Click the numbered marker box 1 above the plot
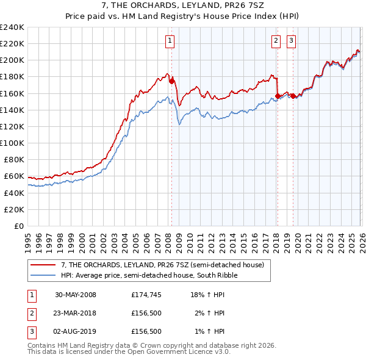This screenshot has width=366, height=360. (169, 41)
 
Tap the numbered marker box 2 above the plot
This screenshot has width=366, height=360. (276, 41)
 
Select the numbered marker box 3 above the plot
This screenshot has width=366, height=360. (291, 41)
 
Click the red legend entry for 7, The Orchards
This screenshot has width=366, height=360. (162, 265)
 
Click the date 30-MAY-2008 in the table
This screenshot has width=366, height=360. (76, 295)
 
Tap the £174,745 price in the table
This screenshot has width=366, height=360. (146, 295)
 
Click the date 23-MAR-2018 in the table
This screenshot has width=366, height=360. (76, 313)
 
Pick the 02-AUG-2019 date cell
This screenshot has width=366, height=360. (76, 331)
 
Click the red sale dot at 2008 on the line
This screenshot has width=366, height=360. (171, 81)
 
